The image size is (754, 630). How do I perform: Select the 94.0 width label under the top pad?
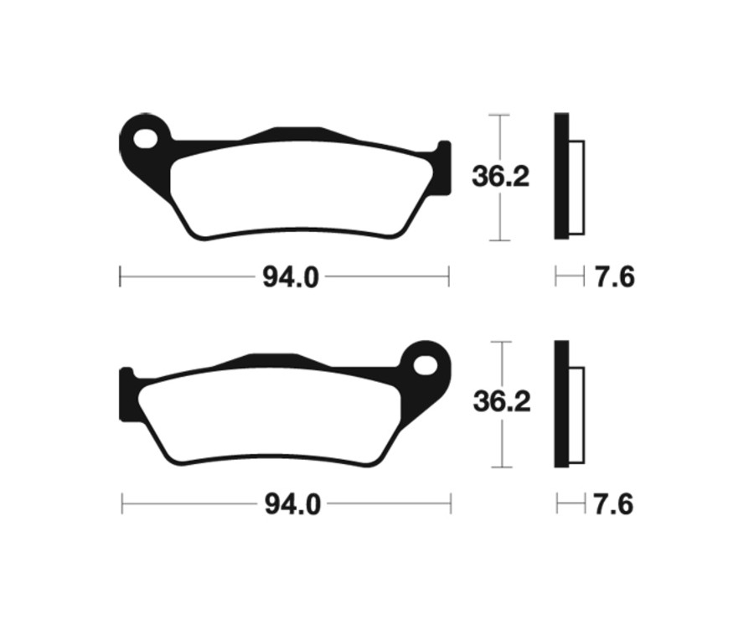pyautogui.click(x=291, y=277)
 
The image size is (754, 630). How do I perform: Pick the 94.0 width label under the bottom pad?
pyautogui.click(x=292, y=505)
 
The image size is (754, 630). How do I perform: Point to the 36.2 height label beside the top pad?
pyautogui.click(x=501, y=178)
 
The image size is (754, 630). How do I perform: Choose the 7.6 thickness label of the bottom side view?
pyautogui.click(x=614, y=505)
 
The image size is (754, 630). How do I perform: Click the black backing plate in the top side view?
pyautogui.click(x=561, y=176)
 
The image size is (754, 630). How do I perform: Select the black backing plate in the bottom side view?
pyautogui.click(x=561, y=404)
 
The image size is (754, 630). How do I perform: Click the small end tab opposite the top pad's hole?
pyautogui.click(x=443, y=168)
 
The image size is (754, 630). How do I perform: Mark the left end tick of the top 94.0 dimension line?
pyautogui.click(x=121, y=276)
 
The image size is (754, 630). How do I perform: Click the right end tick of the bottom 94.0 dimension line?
pyautogui.click(x=451, y=503)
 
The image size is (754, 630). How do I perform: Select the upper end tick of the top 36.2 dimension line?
pyautogui.click(x=499, y=114)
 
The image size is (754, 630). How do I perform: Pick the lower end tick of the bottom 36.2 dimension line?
pyautogui.click(x=500, y=467)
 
